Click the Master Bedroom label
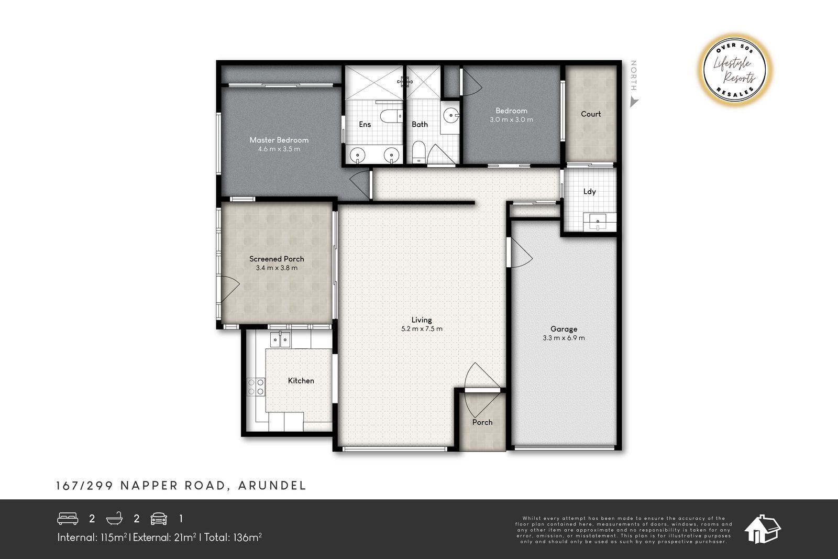coord(279,140)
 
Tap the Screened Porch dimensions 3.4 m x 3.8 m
coord(277,268)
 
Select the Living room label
coord(422,320)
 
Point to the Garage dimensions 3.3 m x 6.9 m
coord(564,338)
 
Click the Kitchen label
coord(301,380)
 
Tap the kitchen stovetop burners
coord(256,387)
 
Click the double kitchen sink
coord(280,339)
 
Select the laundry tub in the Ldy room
coord(598,222)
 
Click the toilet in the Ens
coord(391,116)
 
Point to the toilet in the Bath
coord(418,152)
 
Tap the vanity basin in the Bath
coord(451,115)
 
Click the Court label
coord(591,114)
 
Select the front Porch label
coord(482,422)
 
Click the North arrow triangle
coord(634,102)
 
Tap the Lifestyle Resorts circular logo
coord(735,70)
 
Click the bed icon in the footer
coord(68,519)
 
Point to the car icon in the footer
coord(159,519)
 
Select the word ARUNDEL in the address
coord(272,486)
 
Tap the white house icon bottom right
coord(762,529)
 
